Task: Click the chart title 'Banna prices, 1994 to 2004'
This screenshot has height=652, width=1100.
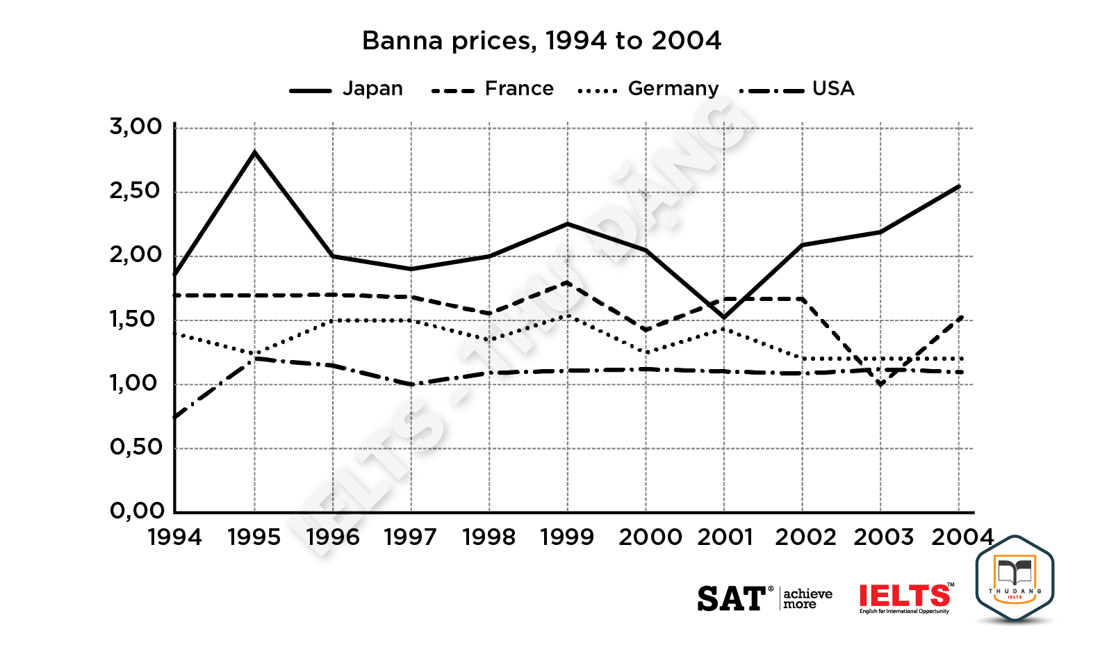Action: (541, 41)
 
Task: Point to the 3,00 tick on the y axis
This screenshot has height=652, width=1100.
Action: (136, 127)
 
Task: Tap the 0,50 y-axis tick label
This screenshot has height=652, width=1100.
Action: (136, 448)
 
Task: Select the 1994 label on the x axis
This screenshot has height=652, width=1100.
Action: (175, 537)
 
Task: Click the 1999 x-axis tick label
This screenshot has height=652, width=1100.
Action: (567, 537)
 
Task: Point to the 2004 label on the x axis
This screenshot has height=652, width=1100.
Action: (962, 537)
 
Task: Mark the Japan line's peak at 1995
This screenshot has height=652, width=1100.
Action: (254, 152)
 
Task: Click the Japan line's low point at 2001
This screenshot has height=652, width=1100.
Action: (724, 318)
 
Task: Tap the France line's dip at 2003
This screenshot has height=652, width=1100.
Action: (880, 384)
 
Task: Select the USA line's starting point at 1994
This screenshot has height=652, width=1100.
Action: (175, 417)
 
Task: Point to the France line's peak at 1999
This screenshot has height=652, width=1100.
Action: (568, 282)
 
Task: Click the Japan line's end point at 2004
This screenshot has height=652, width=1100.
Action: (959, 186)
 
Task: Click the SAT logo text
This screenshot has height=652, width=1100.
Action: (731, 598)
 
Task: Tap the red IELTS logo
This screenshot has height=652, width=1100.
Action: (905, 596)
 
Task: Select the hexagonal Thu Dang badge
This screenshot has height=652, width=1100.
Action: (1015, 579)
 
